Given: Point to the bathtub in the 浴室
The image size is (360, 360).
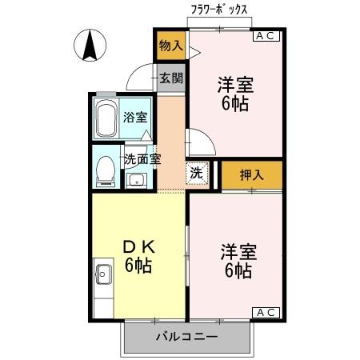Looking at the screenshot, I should coord(106,119).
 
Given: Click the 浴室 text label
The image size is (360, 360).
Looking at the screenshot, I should coord(134,118).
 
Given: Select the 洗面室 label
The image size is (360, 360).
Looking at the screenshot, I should coord(141,158).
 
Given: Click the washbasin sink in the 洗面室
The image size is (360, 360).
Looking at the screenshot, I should coord(135,179).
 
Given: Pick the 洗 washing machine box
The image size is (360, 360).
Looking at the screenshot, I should coord(197,171).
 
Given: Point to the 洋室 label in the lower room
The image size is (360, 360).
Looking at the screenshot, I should coord(238,253).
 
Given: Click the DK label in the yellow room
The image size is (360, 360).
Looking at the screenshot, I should coord(137,246).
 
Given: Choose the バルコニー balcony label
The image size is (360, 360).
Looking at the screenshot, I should coord(186,338).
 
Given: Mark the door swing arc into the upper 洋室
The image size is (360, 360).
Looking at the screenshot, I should coord(199,144).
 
